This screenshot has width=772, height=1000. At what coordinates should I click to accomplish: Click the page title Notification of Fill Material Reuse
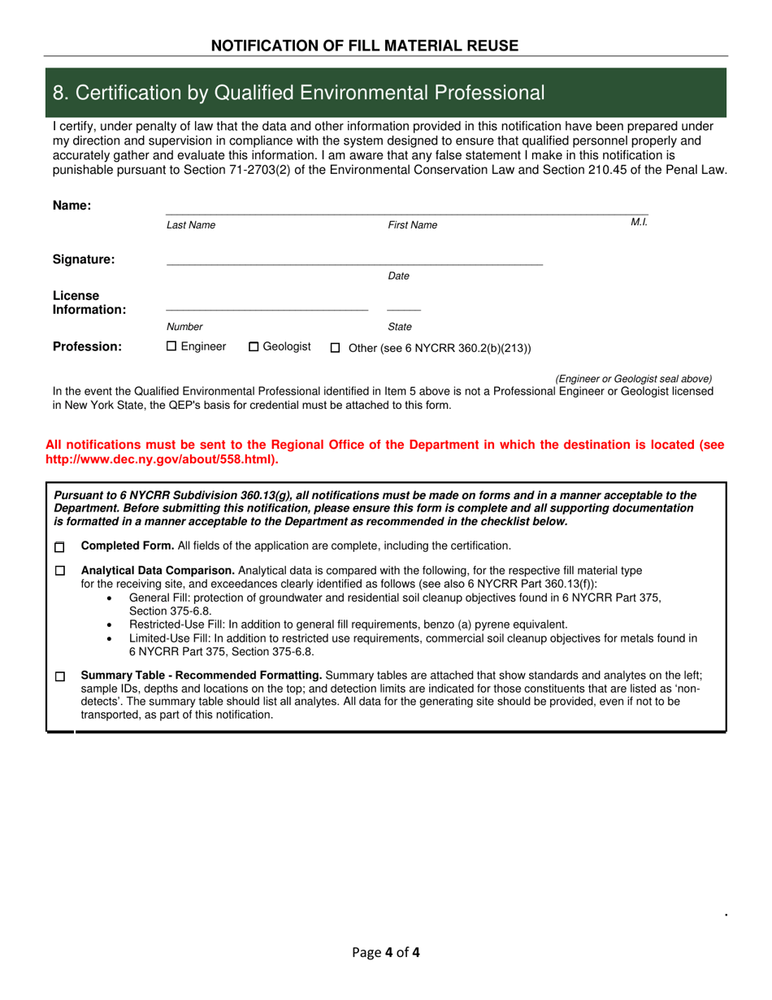(x=364, y=46)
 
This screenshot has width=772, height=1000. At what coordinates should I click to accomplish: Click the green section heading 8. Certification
(x=298, y=93)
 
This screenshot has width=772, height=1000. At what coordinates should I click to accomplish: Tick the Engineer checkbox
(x=171, y=346)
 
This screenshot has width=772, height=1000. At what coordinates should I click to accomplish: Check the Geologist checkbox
(x=254, y=347)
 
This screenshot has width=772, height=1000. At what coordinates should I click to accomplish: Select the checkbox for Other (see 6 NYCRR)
(x=335, y=349)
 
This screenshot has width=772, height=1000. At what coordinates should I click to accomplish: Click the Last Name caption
(x=191, y=225)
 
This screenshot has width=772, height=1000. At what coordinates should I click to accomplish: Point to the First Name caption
(x=412, y=225)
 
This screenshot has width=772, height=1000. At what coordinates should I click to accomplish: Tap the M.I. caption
(x=639, y=222)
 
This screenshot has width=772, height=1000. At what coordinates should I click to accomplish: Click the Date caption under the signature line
(x=398, y=276)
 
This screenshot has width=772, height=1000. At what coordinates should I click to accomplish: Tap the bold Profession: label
(x=87, y=347)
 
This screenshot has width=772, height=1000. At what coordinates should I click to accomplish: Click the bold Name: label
(x=72, y=206)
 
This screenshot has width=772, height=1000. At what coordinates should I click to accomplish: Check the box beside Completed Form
(x=59, y=547)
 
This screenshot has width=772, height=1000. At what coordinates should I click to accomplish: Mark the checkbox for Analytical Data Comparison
(x=59, y=572)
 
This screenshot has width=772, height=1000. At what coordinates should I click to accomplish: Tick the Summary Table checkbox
(x=59, y=676)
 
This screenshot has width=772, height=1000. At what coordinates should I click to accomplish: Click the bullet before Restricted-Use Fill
(x=111, y=625)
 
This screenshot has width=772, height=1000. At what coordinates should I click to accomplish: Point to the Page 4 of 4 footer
(x=386, y=952)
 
